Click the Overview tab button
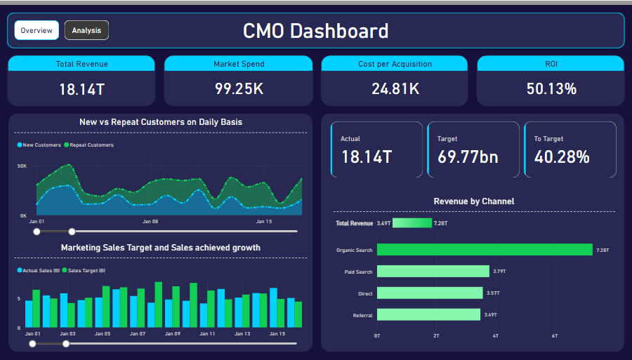coord(37,30)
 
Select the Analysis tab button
coord(86,30)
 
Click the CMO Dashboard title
coord(315,31)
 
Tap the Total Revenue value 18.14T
coord(81,89)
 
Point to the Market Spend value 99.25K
coord(239,89)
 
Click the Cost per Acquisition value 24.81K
coord(395,89)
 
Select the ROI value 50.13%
coord(551,89)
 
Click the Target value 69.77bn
coord(467,156)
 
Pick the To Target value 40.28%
coord(562,156)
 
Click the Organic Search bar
coord(485,250)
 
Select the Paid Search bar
coord(433,272)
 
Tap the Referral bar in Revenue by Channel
coord(428,315)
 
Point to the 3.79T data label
coord(499,272)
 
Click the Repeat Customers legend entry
coord(91,145)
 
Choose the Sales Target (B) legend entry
coord(86,270)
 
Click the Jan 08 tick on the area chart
coord(150,222)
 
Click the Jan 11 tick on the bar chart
coord(208,334)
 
